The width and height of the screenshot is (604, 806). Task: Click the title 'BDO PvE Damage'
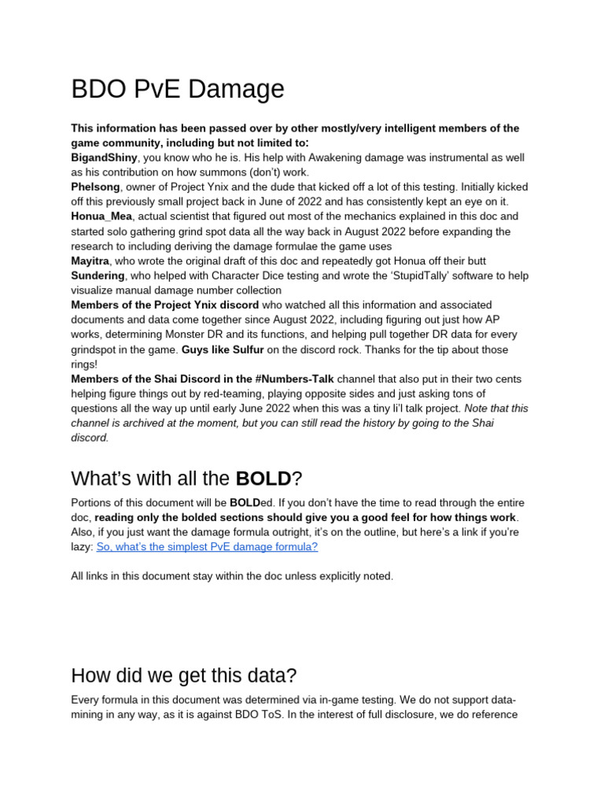tap(178, 88)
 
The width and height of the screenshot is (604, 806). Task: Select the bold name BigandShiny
tap(104, 157)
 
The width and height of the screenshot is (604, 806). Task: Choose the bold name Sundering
tap(98, 275)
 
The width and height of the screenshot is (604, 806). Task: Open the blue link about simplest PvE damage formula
tap(207, 546)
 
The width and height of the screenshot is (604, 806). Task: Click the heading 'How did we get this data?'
tap(183, 675)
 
